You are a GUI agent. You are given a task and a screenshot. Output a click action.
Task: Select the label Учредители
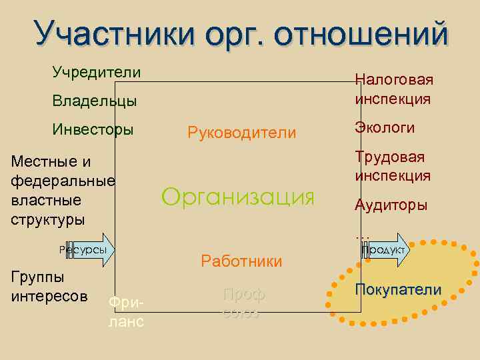(97, 72)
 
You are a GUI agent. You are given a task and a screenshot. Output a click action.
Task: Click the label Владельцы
(95, 101)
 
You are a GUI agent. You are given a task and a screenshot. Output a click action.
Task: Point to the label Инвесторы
(93, 129)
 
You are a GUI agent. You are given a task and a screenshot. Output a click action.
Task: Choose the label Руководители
(242, 133)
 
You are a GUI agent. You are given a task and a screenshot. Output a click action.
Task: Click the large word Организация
(237, 197)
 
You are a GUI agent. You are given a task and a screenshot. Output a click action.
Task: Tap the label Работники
(241, 261)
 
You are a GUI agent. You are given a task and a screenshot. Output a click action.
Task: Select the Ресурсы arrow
(87, 249)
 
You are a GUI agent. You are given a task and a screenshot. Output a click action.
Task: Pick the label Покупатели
(398, 289)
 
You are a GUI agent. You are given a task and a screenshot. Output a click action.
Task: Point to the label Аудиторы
(391, 205)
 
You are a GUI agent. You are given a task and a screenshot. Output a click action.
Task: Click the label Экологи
(385, 127)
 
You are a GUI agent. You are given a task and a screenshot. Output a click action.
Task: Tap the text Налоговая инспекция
(393, 89)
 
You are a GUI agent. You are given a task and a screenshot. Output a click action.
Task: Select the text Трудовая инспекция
(392, 166)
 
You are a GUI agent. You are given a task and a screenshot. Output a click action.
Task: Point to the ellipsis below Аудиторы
(362, 233)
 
